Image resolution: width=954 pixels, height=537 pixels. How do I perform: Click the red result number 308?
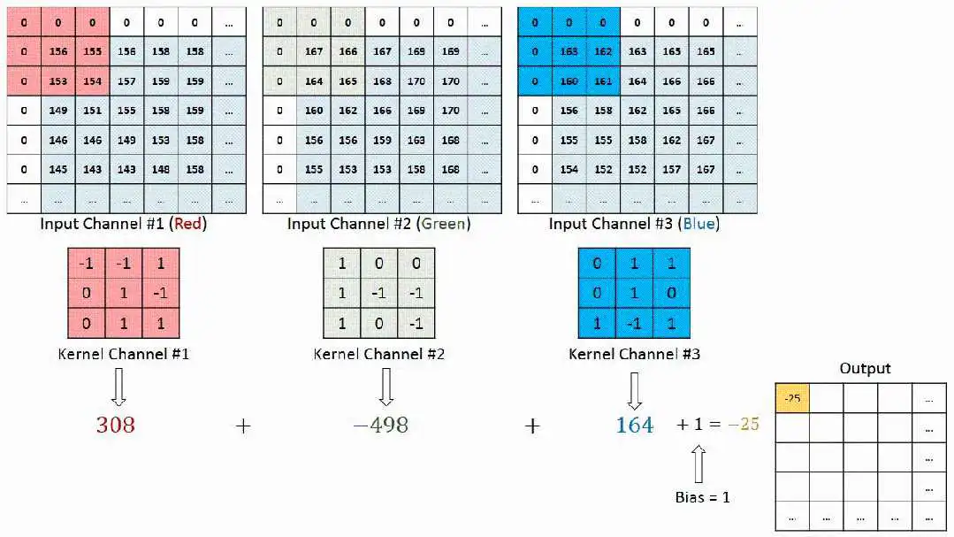115,425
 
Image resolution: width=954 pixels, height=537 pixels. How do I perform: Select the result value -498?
381,425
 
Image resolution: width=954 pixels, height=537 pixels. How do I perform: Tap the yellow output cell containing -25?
792,398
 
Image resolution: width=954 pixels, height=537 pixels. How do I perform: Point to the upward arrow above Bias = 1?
698,464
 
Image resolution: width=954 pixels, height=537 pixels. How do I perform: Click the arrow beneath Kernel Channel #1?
118,387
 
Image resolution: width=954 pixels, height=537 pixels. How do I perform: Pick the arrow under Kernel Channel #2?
385,387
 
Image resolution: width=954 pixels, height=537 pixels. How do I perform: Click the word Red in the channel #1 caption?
188,224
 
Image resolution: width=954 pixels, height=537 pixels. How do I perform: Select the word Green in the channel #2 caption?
444,224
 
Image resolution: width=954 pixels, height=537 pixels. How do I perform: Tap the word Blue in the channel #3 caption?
698,224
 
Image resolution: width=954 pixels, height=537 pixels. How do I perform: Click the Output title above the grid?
866,368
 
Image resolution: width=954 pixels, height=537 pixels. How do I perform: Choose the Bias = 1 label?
703,497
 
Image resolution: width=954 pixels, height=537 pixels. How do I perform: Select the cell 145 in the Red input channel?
58,169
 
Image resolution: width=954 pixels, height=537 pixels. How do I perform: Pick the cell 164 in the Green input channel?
314,81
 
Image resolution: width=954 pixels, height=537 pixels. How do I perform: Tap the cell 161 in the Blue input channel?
603,81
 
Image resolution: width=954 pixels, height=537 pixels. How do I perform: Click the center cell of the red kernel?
124,293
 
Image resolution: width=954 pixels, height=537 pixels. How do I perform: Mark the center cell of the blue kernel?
634,293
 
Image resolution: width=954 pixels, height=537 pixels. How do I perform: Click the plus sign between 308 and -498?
243,426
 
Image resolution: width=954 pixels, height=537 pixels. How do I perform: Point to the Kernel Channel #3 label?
634,354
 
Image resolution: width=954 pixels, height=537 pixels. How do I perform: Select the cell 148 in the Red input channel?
161,169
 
